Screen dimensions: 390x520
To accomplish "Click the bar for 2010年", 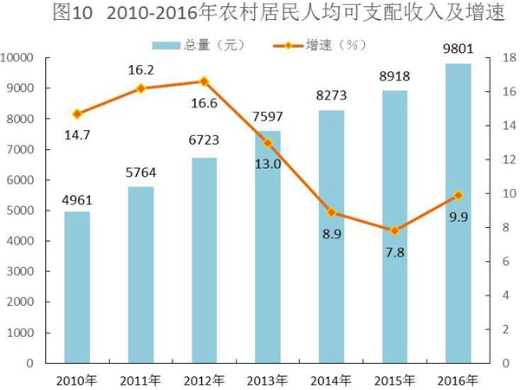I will (76, 287).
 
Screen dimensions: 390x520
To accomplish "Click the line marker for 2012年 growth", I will (204, 81).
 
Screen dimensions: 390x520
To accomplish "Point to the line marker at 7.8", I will (394, 231).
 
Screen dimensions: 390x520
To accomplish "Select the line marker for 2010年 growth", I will (76, 114).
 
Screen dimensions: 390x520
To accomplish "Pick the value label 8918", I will (394, 78).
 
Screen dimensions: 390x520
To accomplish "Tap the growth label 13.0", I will (268, 164).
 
